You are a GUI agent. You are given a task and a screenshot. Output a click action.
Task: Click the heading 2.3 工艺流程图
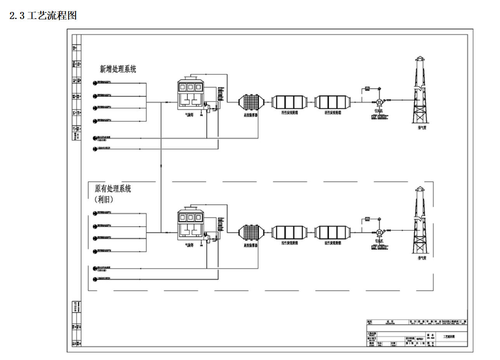tap(43, 16)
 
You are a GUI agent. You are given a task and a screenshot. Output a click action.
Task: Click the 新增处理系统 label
tap(118, 69)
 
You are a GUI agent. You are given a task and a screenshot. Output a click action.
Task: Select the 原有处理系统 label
tap(113, 189)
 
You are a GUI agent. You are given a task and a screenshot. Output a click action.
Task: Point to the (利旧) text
tap(104, 200)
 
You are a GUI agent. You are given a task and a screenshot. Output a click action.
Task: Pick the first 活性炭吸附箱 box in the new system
tap(289, 102)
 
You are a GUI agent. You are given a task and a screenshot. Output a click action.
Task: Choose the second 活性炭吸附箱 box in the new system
tap(332, 102)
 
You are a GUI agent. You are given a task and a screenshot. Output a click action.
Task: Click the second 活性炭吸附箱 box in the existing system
tap(332, 232)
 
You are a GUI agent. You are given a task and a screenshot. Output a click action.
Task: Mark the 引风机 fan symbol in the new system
tap(379, 102)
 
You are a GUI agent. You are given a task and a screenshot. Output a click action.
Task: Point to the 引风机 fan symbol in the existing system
tap(379, 232)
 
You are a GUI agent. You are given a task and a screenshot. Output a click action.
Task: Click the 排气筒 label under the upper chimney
tap(422, 127)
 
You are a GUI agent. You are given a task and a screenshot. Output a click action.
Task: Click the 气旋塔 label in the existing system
tap(189, 245)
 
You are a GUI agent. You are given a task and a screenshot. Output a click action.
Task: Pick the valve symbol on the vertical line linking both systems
tap(161, 166)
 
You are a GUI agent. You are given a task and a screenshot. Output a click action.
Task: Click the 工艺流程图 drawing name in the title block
tap(449, 337)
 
